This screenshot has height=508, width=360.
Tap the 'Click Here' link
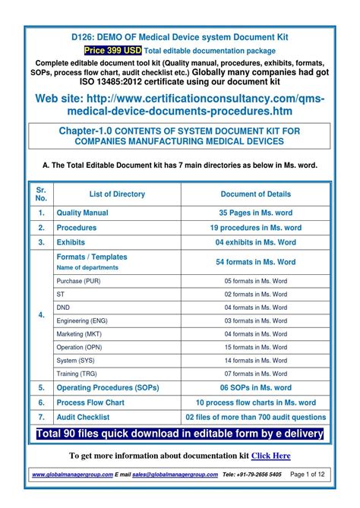coord(271,456)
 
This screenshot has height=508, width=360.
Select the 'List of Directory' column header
coord(117,194)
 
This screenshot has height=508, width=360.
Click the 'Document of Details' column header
coord(255,194)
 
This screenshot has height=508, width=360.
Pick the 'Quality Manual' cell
coord(83,213)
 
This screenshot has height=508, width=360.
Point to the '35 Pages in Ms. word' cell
coord(255,213)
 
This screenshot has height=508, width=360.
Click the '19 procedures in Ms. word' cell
coord(255,228)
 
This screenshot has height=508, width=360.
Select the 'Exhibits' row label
coord(71,242)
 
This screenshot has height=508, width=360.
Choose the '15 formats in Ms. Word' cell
coord(255,347)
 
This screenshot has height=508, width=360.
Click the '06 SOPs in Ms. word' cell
coord(255,387)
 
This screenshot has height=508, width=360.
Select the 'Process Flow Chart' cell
coord(90,402)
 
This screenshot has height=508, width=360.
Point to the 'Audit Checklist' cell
coord(84,417)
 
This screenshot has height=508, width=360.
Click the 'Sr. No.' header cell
coord(41,194)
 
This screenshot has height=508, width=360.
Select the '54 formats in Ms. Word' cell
coord(255,262)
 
